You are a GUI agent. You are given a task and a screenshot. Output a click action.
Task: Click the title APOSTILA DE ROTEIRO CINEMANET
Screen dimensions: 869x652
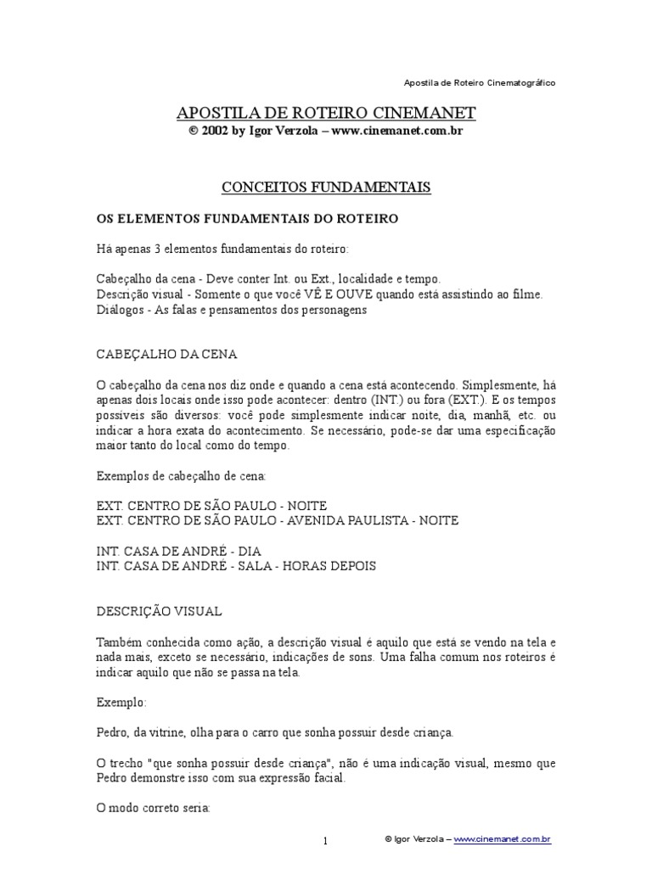[x=326, y=113]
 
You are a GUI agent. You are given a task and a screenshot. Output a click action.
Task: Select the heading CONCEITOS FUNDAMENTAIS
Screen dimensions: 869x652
[x=326, y=187]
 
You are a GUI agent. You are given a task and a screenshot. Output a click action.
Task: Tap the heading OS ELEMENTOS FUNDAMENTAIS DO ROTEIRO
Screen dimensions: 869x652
[x=247, y=218]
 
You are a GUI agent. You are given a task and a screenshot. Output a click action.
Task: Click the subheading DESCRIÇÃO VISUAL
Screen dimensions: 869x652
[x=160, y=610]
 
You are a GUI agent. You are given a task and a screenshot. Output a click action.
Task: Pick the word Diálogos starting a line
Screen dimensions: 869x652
[x=120, y=310]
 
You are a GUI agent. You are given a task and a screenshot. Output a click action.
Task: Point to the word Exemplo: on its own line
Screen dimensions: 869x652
[x=121, y=704]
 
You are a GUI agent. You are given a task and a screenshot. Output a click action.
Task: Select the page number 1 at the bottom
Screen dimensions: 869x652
[x=324, y=840]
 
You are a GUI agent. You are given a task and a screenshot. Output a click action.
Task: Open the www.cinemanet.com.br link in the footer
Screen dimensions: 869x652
[x=503, y=839]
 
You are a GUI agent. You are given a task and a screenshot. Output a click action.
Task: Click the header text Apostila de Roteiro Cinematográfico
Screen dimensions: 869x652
[x=480, y=83]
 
